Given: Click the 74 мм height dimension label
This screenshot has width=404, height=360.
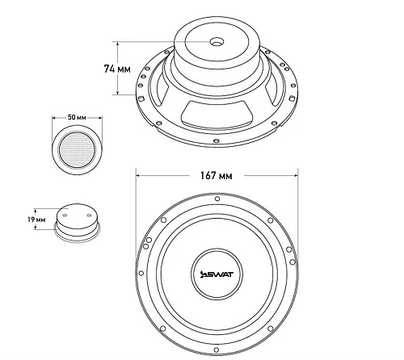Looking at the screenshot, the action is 117,69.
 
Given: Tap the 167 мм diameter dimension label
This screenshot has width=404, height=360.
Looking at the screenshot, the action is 216,176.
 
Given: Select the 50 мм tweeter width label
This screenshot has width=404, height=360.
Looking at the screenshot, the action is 77,118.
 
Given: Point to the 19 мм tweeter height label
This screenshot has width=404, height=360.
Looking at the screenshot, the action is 36,220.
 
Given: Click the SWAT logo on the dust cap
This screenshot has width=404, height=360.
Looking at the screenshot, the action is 217,274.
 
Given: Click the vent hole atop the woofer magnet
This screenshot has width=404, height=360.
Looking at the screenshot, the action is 217,42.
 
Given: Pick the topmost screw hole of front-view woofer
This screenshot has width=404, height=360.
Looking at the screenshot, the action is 217,199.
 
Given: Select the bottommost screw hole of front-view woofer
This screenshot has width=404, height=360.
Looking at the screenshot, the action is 216,350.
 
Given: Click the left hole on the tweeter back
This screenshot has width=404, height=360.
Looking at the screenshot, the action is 65,216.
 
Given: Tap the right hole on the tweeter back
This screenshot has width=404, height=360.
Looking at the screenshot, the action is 89,215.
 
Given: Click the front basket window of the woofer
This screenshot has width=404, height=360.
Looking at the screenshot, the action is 217,113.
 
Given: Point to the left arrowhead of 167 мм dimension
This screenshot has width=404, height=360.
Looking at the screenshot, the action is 137,176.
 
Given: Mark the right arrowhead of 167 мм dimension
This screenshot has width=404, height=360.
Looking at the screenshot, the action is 297,176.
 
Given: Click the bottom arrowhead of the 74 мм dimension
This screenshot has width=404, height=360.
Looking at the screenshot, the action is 117,93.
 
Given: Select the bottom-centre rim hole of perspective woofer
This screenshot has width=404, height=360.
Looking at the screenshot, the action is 216,140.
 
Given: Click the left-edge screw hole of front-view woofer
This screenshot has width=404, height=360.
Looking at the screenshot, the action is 141,274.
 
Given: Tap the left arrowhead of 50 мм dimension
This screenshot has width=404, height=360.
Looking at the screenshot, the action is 53,118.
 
